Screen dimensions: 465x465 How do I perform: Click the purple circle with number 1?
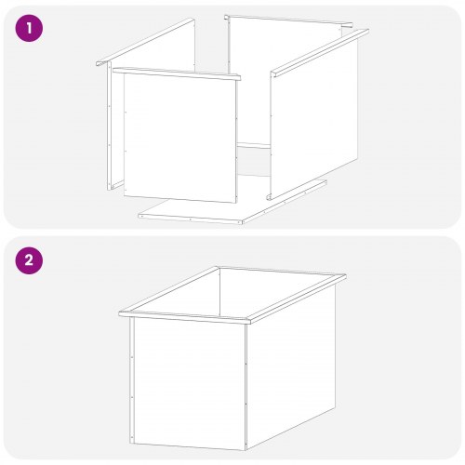point(29,28)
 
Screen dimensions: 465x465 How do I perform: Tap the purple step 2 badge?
point(29,260)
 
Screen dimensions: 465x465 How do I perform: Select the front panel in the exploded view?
point(179,138)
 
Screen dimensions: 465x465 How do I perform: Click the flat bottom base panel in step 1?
point(232,202)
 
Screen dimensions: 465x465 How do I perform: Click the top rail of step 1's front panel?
point(177,73)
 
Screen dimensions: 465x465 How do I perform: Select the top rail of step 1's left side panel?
point(145,42)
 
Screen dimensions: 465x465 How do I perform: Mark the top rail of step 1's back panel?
point(288,20)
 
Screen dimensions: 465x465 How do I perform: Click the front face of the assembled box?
point(190,384)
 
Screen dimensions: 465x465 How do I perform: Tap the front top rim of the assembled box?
point(184,317)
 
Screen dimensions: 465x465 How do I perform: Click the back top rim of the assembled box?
point(282,272)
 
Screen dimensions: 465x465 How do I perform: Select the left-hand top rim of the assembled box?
point(169,290)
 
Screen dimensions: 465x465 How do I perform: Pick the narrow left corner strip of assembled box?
point(132,380)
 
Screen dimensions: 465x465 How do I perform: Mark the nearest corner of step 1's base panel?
point(242,223)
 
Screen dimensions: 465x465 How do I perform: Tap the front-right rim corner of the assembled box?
point(250,323)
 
